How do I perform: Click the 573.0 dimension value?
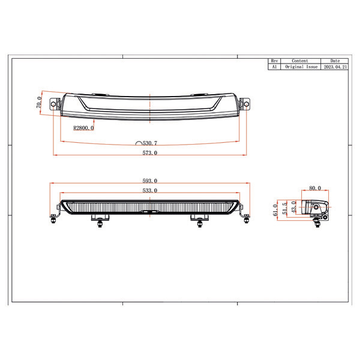(149, 152)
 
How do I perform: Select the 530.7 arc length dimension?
(146, 143)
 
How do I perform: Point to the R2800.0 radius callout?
(83, 128)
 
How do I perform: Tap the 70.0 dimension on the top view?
(39, 102)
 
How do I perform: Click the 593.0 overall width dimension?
(149, 181)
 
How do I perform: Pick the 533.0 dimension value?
(149, 190)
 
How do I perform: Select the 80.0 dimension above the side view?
(315, 188)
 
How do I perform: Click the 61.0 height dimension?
(275, 210)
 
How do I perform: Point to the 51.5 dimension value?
(284, 208)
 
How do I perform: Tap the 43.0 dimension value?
(293, 207)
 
